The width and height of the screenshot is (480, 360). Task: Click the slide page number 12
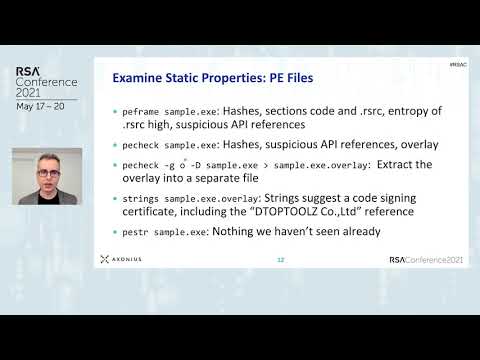[x=281, y=260]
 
